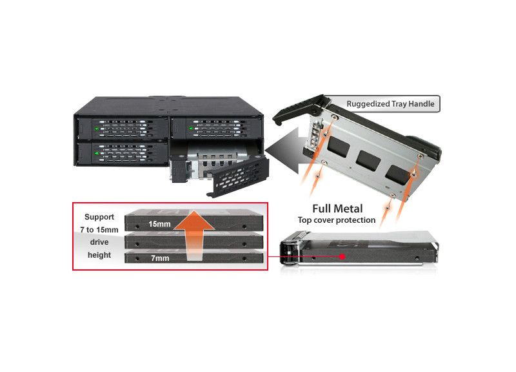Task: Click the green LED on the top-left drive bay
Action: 97,129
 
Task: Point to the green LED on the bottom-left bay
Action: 97,154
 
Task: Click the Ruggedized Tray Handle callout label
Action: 390,103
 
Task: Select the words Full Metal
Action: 337,209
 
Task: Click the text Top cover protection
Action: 336,220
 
